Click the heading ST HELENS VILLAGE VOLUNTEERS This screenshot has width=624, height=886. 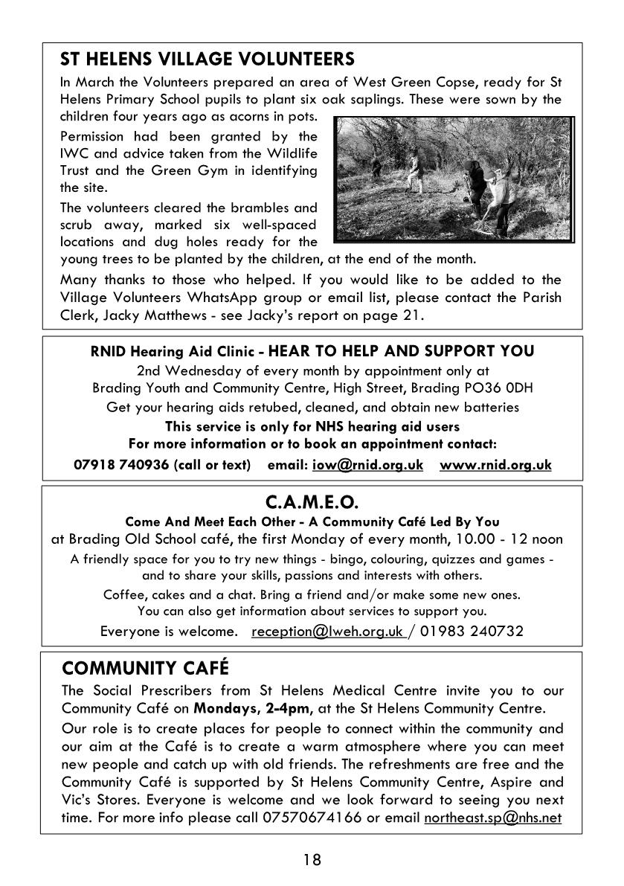(x=207, y=59)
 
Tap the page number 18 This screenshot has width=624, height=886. (x=312, y=861)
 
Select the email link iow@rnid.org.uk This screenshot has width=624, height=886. (x=367, y=465)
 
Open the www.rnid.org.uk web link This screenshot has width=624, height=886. (x=495, y=465)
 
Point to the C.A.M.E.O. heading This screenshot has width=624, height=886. (x=312, y=505)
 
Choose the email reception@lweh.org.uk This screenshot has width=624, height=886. (x=327, y=632)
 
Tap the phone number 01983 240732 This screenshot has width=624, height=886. (x=472, y=632)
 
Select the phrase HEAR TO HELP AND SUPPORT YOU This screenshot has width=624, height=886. (x=401, y=350)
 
